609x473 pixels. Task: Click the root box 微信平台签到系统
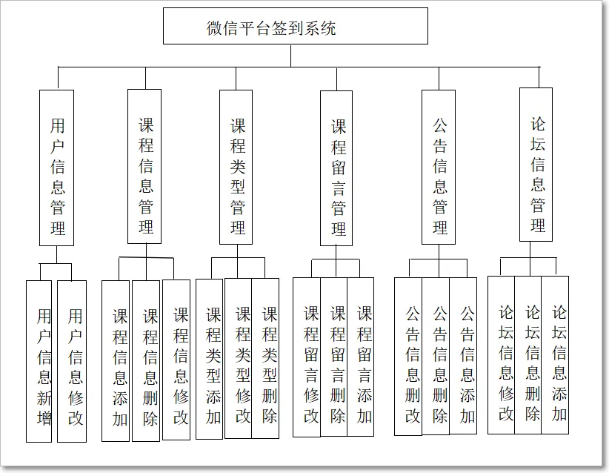295,27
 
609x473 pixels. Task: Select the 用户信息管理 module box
56,168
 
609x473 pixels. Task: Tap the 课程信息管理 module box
144,167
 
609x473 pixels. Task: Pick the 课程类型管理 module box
236,167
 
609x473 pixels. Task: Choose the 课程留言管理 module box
336,168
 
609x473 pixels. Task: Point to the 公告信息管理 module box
439,167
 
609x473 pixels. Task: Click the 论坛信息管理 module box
536,165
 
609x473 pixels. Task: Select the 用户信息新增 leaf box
39,361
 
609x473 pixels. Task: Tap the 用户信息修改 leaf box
72,361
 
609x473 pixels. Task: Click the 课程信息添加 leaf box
116,361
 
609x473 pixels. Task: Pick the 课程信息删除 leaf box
146,361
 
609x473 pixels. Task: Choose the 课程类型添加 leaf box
210,359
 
